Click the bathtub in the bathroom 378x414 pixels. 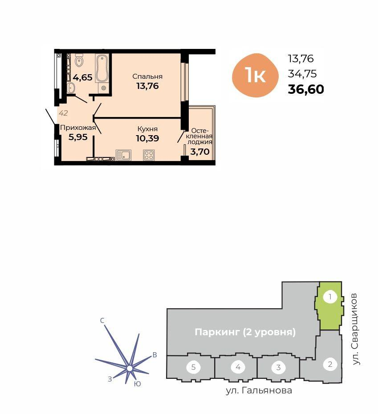102,68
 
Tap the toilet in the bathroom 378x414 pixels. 79,60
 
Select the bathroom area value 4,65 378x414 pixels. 83,78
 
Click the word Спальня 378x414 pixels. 147,76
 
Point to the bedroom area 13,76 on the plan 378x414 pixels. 147,86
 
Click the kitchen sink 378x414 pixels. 123,155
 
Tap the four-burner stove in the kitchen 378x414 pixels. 149,155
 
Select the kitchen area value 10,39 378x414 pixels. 147,138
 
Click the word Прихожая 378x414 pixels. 78,128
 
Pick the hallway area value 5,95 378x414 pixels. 78,137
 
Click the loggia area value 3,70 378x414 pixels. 200,152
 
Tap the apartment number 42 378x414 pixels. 63,113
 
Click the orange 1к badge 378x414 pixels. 256,75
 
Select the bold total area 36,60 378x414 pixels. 306,89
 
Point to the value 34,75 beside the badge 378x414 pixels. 302,74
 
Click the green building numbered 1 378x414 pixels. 329,306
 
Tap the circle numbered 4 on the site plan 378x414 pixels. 238,367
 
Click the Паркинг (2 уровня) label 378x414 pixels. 245,332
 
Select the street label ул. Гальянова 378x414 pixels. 259,390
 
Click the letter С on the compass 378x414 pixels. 102,321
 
